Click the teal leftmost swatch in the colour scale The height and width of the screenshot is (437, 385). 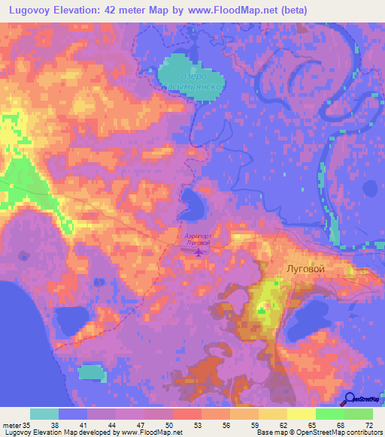[44, 413]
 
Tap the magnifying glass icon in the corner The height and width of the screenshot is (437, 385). [350, 398]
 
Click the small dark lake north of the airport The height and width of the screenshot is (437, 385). [191, 202]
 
